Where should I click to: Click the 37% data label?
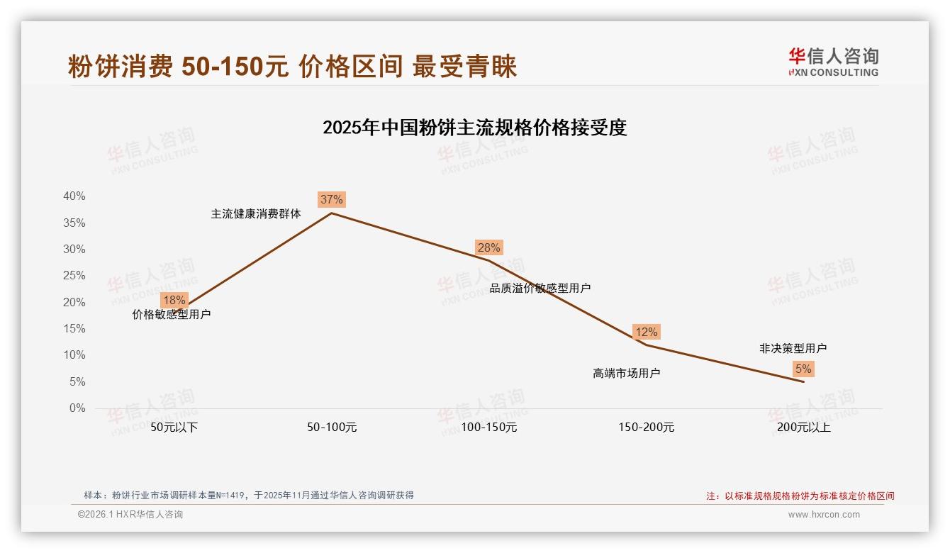pos(331,199)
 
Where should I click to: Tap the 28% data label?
pos(488,247)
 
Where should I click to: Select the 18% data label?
pos(174,300)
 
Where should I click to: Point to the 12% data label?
pos(646,332)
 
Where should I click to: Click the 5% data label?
pos(803,369)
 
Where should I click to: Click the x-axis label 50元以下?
pos(174,428)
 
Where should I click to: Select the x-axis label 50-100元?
pos(332,428)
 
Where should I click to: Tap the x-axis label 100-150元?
pos(489,428)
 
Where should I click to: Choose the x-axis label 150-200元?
pos(647,428)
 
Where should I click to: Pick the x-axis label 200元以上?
pos(803,428)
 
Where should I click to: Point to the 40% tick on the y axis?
pos(74,196)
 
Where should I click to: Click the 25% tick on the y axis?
pos(74,276)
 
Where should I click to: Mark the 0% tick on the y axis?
pos(77,408)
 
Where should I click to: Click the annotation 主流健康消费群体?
pos(256,213)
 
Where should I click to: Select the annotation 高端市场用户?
pos(626,373)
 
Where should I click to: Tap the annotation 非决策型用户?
pos(793,348)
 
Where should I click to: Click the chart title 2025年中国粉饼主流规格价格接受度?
pos(474,128)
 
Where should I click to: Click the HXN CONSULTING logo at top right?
pos(833,62)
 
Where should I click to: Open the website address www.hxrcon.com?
pos(824,515)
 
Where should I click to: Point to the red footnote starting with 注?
pos(800,496)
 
